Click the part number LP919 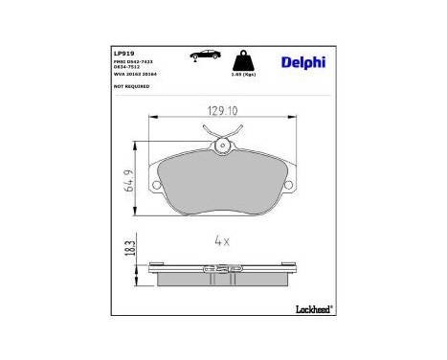coord(123,54)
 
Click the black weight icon coord(244,58)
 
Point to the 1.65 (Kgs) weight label coord(244,73)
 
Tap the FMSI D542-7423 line coord(135,61)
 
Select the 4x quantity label coord(222,242)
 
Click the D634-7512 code coord(127,67)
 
